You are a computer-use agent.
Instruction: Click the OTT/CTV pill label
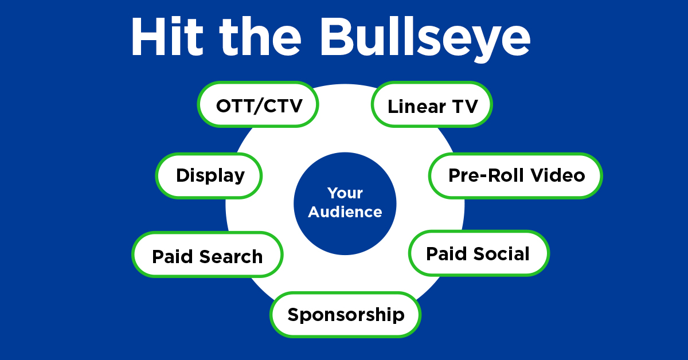[x=259, y=105]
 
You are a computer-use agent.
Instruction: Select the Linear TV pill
[x=432, y=105]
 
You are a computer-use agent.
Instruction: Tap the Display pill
[x=210, y=175]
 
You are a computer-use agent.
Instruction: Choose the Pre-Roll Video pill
[x=516, y=175]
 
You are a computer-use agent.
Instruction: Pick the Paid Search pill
[x=208, y=256]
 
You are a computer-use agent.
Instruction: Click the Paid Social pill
[x=478, y=253]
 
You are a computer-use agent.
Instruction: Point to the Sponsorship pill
[x=346, y=314]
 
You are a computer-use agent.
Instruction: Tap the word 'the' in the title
[x=261, y=37]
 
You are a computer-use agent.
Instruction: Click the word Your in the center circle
[x=345, y=193]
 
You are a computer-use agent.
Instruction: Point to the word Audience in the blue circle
[x=345, y=212]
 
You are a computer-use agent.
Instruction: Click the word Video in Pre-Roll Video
[x=557, y=175]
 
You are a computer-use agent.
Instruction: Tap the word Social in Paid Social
[x=501, y=253]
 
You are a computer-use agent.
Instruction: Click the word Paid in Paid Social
[x=444, y=253]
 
